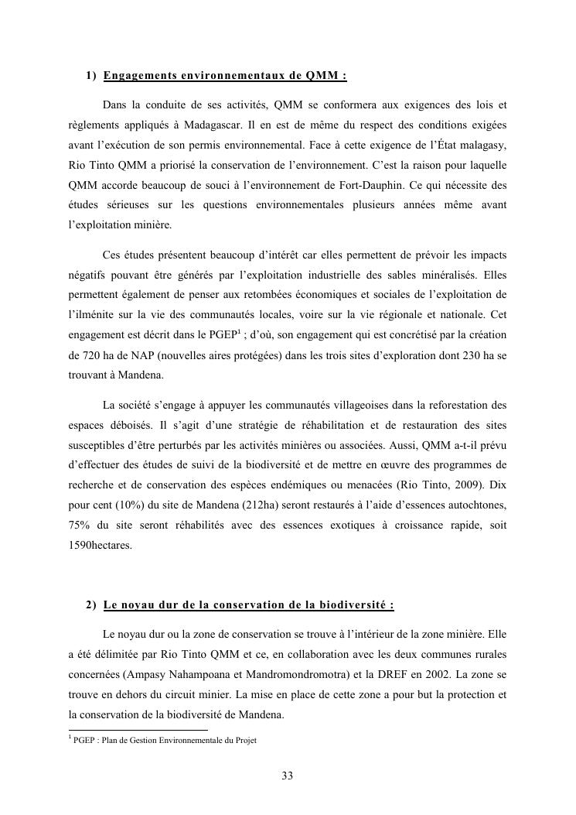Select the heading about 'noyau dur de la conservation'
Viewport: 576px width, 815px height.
click(248, 604)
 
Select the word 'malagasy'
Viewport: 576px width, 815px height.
click(481, 144)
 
